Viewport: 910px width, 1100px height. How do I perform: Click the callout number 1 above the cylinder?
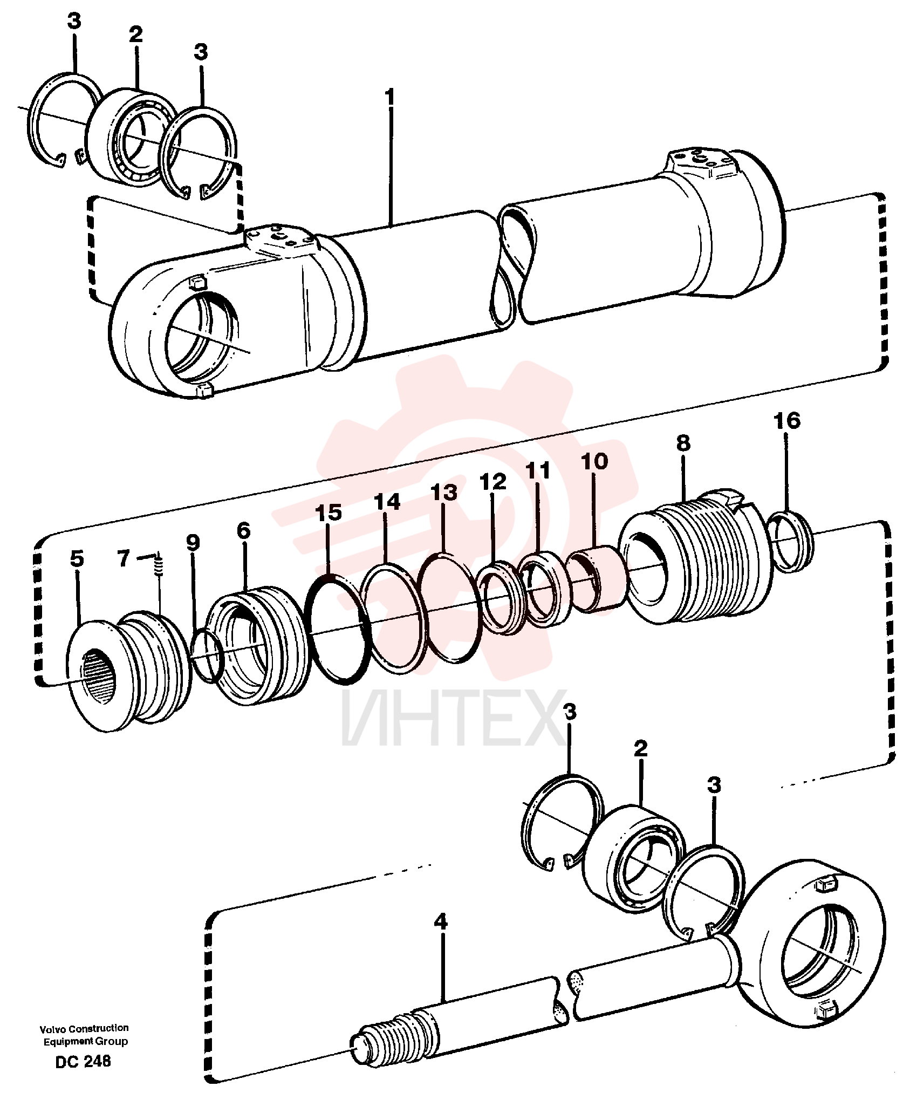pyautogui.click(x=389, y=98)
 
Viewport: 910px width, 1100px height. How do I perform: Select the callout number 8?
pyautogui.click(x=683, y=443)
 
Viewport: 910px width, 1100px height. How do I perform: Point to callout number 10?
pyautogui.click(x=594, y=461)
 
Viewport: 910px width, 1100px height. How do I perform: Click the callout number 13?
pyautogui.click(x=444, y=492)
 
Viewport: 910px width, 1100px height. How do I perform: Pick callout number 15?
pyautogui.click(x=329, y=513)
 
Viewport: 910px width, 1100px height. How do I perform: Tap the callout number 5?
pyautogui.click(x=77, y=558)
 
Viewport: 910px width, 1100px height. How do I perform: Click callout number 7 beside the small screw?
pyautogui.click(x=124, y=558)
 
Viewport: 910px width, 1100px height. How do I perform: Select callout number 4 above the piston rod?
pyautogui.click(x=441, y=921)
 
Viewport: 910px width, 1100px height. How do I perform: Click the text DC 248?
pyautogui.click(x=83, y=1061)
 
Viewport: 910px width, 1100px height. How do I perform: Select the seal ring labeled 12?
pyautogui.click(x=502, y=596)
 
